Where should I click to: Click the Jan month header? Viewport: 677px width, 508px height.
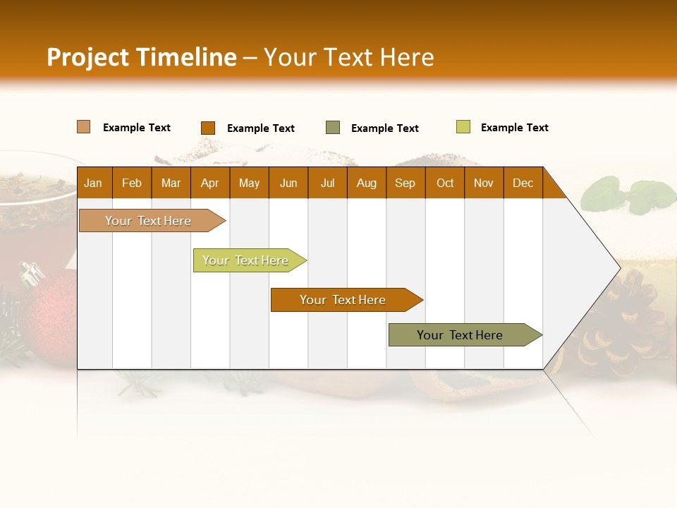(x=93, y=183)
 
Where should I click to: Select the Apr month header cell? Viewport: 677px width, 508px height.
(x=209, y=183)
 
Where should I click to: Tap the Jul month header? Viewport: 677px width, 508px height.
(x=327, y=183)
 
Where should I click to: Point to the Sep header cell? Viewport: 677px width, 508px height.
(x=405, y=183)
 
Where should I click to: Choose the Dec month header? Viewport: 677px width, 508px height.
(x=523, y=183)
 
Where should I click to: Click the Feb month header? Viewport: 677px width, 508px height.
(x=132, y=183)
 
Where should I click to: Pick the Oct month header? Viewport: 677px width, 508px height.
(x=445, y=183)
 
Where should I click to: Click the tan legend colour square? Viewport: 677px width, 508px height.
(x=84, y=127)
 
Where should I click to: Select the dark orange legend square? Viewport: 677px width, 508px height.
(x=207, y=128)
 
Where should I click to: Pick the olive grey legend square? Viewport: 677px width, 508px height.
(x=333, y=128)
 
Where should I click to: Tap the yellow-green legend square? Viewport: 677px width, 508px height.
(x=463, y=127)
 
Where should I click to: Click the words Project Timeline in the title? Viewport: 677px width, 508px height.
(x=142, y=57)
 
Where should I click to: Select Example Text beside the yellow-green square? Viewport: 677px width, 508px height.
(x=514, y=128)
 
